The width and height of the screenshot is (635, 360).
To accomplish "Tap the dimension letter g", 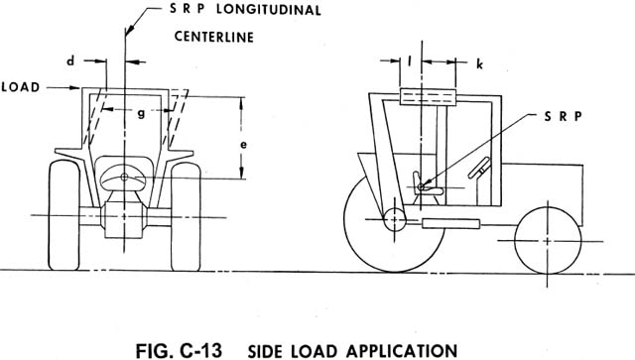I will (x=141, y=112).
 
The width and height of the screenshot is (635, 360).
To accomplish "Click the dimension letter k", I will (x=479, y=63).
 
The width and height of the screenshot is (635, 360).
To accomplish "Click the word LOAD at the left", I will (x=21, y=87).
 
